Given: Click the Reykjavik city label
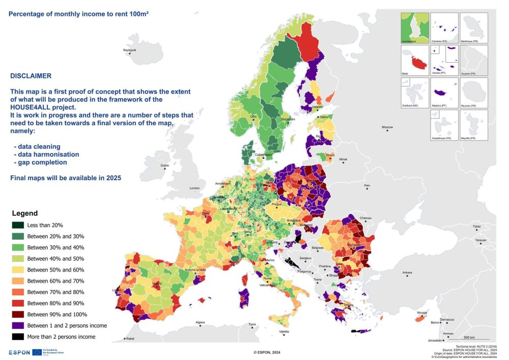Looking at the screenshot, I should (130, 50).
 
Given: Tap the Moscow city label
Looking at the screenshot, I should (388, 127).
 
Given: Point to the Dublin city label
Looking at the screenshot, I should (164, 165).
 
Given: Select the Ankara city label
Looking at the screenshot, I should (407, 273).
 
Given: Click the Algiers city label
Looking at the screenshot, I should (201, 322).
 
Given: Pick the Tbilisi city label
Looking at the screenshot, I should (476, 227).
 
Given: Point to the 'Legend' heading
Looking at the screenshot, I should (24, 213).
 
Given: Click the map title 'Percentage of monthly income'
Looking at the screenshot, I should (78, 13).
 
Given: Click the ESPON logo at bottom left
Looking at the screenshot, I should (19, 352).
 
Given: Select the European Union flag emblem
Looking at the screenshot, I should (37, 352).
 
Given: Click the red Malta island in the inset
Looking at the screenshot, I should (420, 64).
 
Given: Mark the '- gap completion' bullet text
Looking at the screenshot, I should (40, 162).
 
